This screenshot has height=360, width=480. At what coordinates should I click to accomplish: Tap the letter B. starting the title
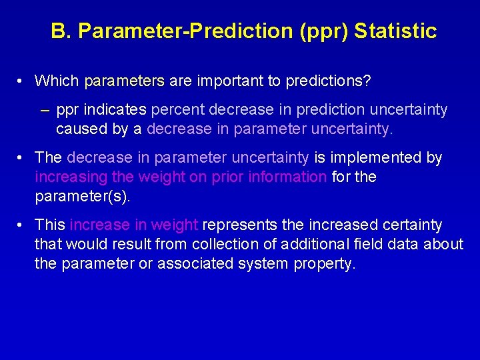coord(60,31)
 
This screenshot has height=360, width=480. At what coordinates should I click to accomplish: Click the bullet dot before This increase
coord(22,225)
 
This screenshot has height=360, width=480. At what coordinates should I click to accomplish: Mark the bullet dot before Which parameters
coord(22,81)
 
